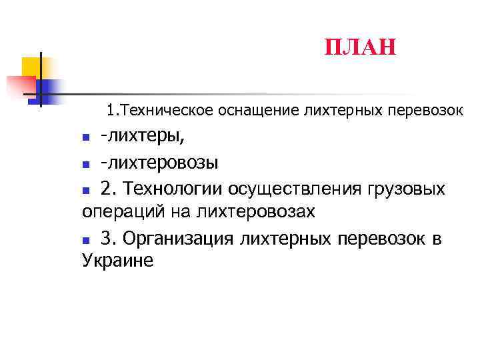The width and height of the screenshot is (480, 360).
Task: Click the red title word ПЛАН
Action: (x=360, y=47)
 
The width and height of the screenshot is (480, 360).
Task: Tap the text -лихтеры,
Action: (x=143, y=137)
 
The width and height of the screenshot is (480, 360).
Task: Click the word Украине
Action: (x=117, y=261)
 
